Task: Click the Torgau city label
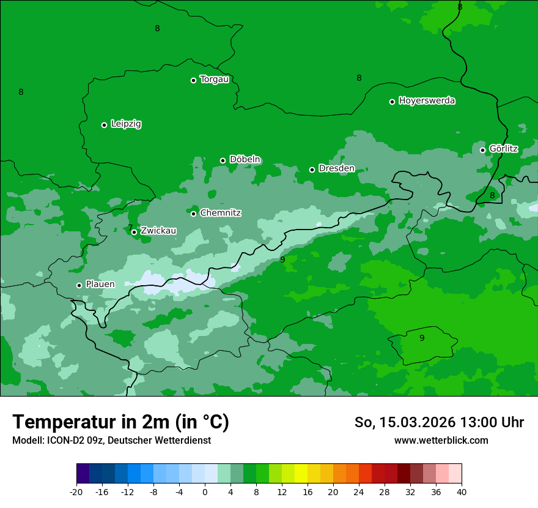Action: pos(215,80)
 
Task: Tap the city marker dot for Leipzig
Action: pos(104,125)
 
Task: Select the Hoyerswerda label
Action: pos(427,101)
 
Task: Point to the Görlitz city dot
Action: pos(482,150)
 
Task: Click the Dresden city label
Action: pos(336,168)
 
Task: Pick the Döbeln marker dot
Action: pos(223,160)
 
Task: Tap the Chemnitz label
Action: pos(220,213)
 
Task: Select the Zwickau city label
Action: pos(158,231)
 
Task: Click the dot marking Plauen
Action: pos(79,285)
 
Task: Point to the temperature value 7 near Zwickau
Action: pos(130,227)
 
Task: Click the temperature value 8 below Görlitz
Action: pos(492,195)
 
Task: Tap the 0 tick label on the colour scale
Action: pos(205,492)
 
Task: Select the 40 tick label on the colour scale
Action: pos(462,492)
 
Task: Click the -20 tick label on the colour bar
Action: pos(76,492)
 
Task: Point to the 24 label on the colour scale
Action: pos(359,492)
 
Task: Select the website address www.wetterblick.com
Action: pos(441,441)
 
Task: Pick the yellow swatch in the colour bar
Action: pos(301,474)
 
